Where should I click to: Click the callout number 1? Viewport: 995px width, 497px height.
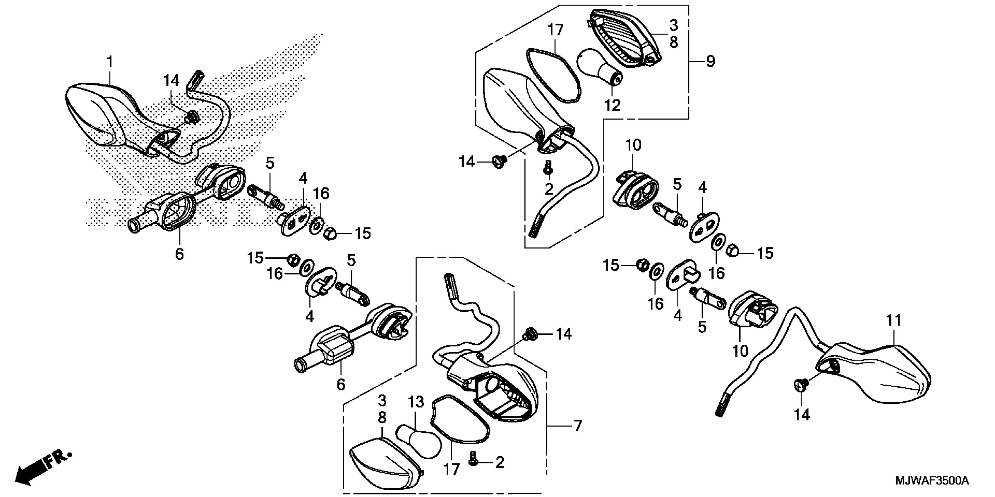pyautogui.click(x=110, y=62)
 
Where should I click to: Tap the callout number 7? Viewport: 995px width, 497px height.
pyautogui.click(x=577, y=426)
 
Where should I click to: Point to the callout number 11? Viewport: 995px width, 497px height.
pyautogui.click(x=893, y=320)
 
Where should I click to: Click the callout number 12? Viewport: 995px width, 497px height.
pyautogui.click(x=613, y=105)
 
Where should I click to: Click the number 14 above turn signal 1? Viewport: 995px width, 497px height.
pyautogui.click(x=171, y=81)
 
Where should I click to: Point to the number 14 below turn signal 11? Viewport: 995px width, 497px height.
pyautogui.click(x=802, y=415)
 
